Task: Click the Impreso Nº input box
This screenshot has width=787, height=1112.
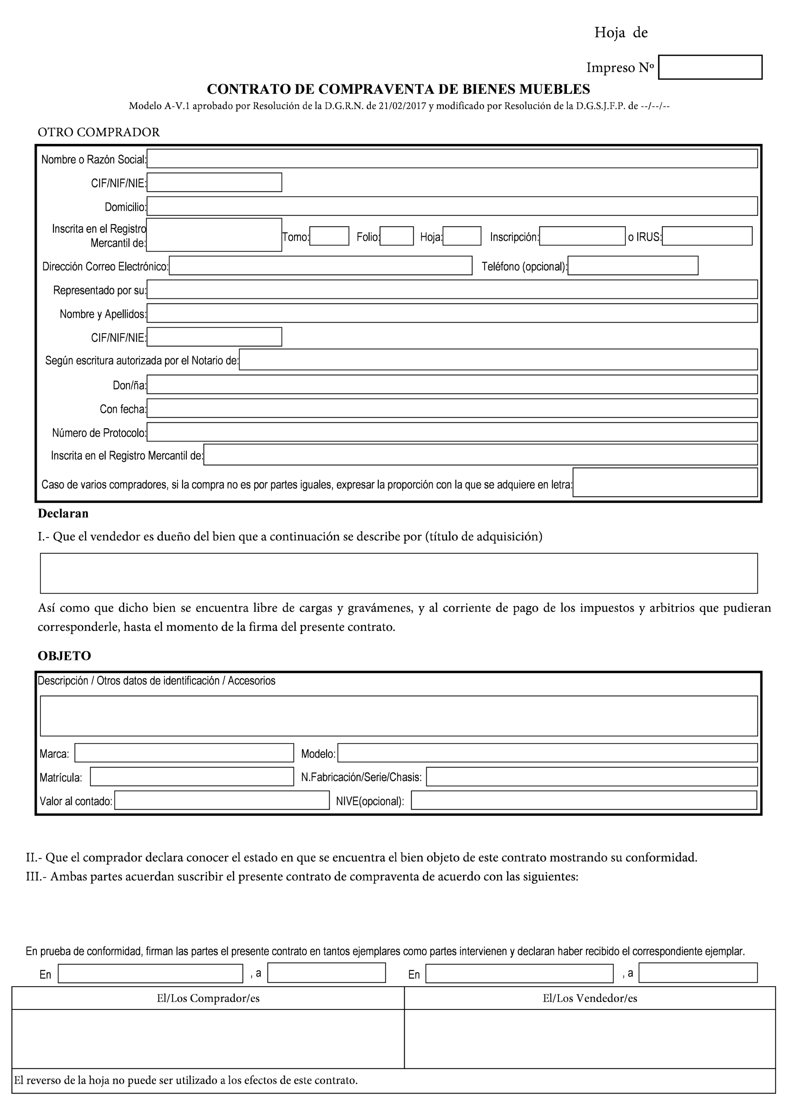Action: [x=710, y=67]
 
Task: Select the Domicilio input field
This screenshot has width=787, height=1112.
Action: [x=452, y=206]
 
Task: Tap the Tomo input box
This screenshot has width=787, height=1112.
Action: [x=329, y=236]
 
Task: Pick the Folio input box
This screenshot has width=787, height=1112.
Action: [x=397, y=236]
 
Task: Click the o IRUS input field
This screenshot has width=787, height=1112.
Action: [x=707, y=236]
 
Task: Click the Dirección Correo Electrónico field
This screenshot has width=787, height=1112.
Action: [x=320, y=266]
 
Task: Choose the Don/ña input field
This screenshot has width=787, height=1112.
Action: [x=452, y=385]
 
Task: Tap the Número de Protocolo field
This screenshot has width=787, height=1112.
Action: [x=452, y=432]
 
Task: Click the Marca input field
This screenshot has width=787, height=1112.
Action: [x=184, y=753]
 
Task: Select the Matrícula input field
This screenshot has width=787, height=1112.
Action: [x=192, y=777]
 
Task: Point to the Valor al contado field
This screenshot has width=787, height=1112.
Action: [x=222, y=801]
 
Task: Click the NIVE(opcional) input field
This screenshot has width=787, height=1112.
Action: [x=584, y=801]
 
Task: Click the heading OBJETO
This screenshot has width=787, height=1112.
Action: [x=65, y=656]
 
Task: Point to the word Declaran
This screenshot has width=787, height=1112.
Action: [x=63, y=514]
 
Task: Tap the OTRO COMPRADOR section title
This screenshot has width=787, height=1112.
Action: [x=99, y=132]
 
